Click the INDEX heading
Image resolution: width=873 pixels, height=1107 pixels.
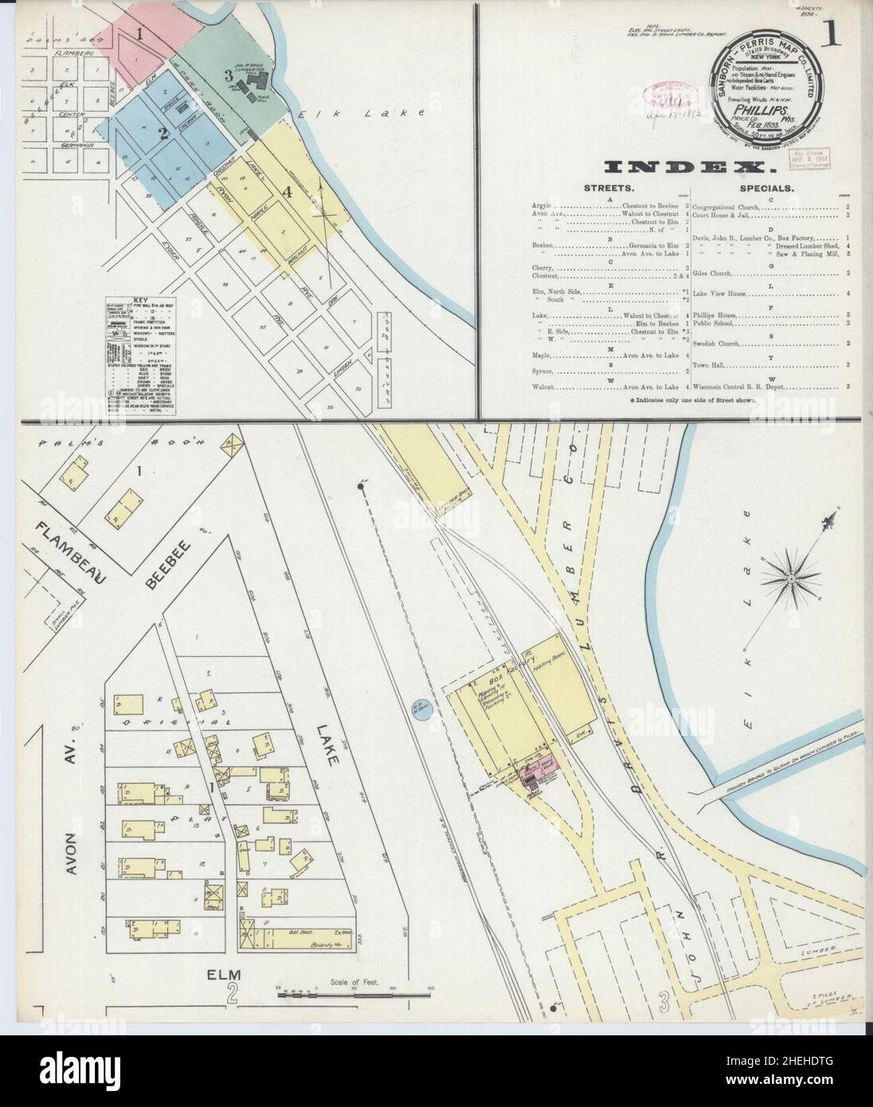690,167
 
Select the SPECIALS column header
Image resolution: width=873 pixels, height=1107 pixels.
770,190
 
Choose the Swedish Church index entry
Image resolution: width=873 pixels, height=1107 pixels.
717,343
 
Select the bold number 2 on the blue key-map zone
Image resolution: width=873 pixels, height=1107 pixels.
162,134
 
